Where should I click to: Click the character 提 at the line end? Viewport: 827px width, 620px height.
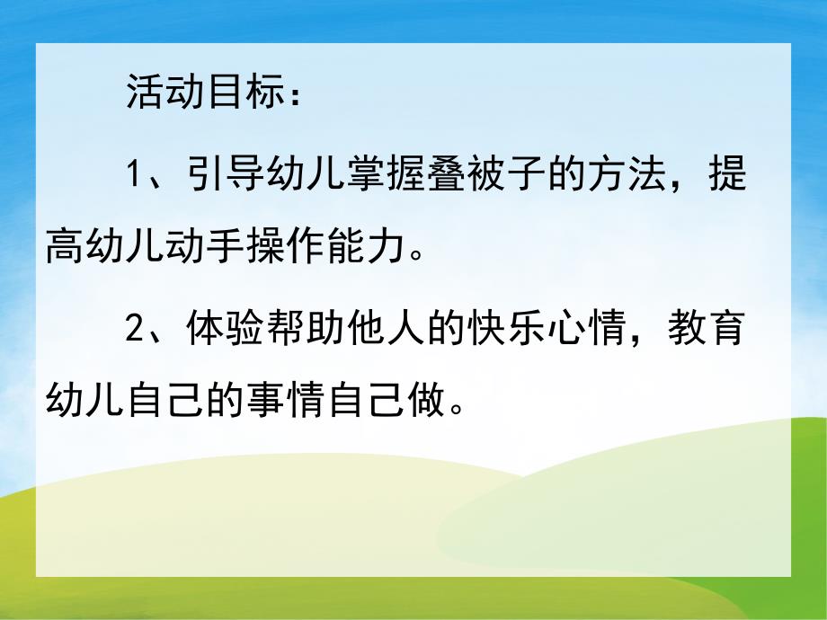click(726, 174)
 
